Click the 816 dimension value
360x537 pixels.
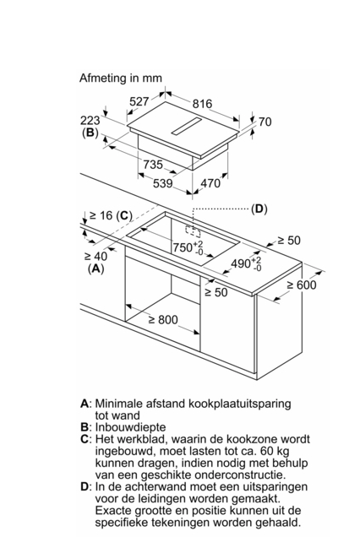point(202,103)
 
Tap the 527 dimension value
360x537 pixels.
point(139,101)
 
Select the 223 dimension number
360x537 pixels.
point(90,120)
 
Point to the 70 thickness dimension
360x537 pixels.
point(265,122)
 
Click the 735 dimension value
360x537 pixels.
point(153,165)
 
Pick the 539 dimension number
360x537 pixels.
point(162,183)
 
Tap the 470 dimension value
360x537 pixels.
point(210,183)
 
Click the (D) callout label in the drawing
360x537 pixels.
point(259,209)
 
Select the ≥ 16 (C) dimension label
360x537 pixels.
point(111,215)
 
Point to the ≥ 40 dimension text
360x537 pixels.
point(95,256)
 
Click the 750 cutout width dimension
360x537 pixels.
point(188,247)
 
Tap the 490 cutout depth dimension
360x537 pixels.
point(246,263)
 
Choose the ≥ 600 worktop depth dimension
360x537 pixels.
point(302,285)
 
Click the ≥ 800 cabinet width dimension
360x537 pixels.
point(163,320)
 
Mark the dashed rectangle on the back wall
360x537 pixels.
point(193,231)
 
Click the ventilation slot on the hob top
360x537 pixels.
point(186,126)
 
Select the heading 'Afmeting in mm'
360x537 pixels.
point(121,78)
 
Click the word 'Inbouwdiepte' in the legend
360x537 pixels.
point(130,427)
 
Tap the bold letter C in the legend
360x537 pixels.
point(85,439)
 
